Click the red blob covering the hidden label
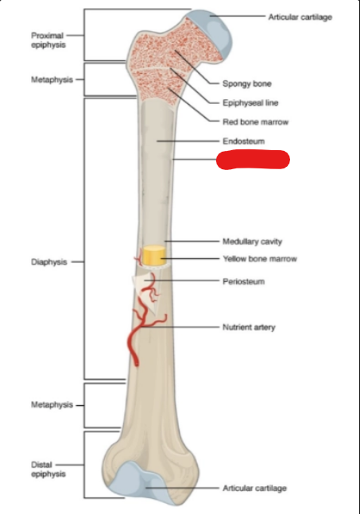[253, 160]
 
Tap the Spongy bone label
[247, 83]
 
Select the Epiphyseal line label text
[250, 103]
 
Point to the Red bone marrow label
[255, 122]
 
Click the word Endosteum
[244, 141]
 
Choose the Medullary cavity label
[252, 242]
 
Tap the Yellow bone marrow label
[260, 259]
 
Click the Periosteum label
[244, 281]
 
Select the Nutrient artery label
[249, 327]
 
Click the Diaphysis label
[48, 262]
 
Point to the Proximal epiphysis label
[48, 40]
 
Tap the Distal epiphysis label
[48, 469]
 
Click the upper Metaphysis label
[52, 79]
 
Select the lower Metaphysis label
[52, 405]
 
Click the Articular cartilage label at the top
[300, 17]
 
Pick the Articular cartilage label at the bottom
[254, 488]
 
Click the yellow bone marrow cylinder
[154, 255]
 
